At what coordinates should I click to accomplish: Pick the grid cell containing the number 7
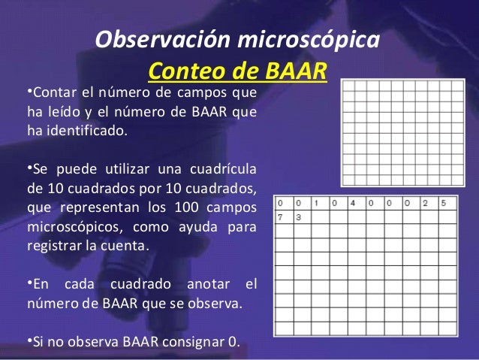tap(281, 217)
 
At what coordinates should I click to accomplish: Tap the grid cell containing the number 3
tap(299, 217)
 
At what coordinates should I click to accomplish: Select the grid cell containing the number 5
tap(444, 203)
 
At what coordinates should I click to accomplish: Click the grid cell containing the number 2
tap(425, 203)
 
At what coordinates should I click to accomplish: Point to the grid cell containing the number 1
tap(317, 203)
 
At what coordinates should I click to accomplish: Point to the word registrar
tap(50, 246)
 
